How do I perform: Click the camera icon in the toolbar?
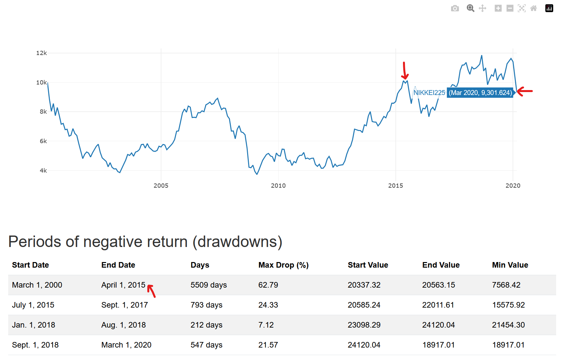click(455, 9)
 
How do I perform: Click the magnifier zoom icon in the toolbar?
click(470, 9)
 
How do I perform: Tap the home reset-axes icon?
click(534, 9)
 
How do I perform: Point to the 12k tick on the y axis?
click(42, 53)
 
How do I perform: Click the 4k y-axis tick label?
click(43, 171)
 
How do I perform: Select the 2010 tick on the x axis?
click(278, 186)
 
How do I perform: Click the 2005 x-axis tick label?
click(161, 186)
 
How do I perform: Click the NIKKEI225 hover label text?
click(429, 93)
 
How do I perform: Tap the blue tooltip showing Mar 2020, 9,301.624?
click(480, 93)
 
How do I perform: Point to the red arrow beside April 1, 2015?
click(151, 291)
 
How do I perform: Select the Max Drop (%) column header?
click(283, 265)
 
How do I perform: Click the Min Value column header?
click(510, 265)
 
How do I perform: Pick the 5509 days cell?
click(209, 285)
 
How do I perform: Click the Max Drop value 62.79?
click(268, 285)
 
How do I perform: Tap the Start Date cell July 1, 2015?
click(33, 305)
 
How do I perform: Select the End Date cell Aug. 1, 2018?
click(123, 325)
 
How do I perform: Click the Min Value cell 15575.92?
click(508, 305)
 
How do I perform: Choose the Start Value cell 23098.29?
click(364, 325)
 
